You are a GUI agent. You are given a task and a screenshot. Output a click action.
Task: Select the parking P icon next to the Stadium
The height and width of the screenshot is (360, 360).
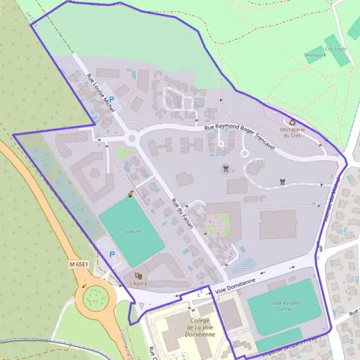tap(112, 254)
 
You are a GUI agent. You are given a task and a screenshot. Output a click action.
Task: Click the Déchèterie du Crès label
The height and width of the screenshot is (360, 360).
tap(292, 132)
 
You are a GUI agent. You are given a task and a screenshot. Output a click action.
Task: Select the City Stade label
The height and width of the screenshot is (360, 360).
tap(335, 49)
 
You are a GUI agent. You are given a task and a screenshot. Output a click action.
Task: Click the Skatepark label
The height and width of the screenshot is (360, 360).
tap(315, 55)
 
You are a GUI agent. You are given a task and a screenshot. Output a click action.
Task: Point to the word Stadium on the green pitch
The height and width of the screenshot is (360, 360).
tap(131, 231)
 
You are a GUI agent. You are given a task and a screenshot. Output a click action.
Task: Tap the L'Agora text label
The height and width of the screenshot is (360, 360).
tap(138, 283)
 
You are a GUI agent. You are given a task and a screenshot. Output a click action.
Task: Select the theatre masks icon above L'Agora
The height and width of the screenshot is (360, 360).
tap(138, 275)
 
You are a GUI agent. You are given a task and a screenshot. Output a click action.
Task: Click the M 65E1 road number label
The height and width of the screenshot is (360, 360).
tap(78, 264)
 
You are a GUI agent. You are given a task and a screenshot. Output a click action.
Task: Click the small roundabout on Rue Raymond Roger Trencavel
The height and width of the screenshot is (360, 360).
tap(132, 139)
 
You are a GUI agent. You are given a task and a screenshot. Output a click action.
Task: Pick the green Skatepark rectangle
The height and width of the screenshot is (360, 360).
tap(315, 55)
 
